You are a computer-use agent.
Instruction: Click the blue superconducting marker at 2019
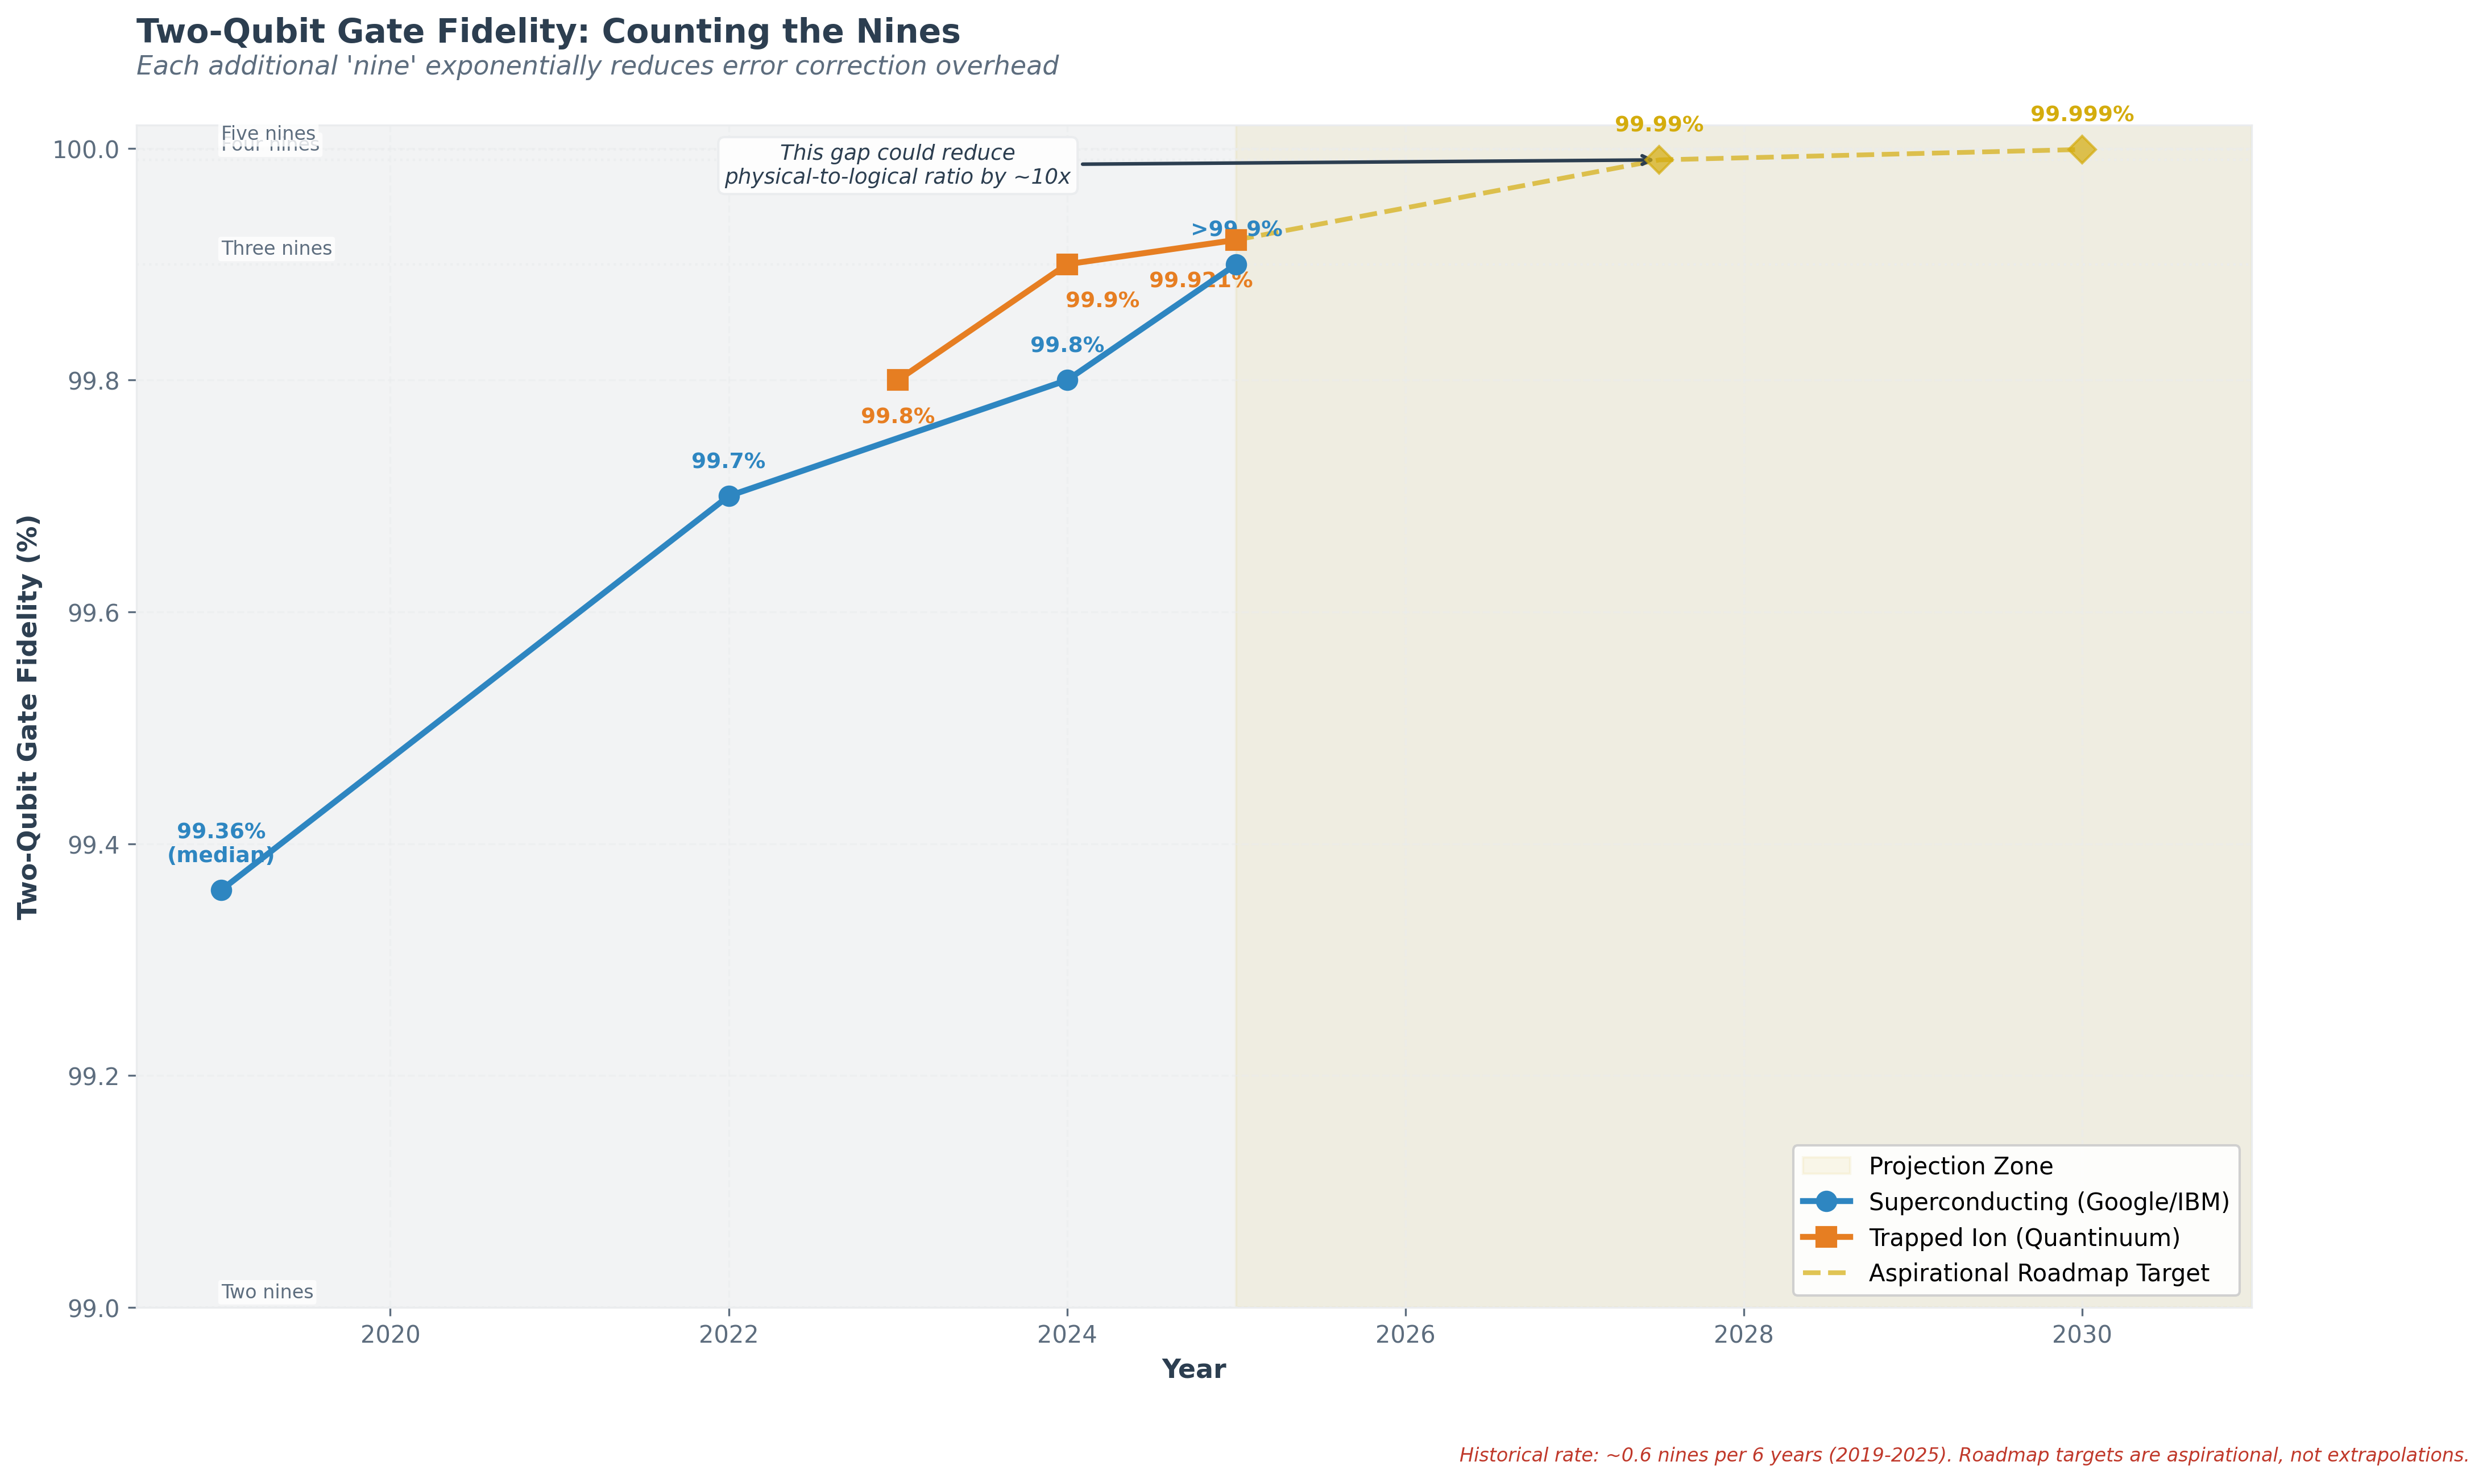click(222, 890)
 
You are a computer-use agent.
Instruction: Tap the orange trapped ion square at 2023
click(898, 380)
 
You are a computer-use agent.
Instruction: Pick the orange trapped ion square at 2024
click(1066, 264)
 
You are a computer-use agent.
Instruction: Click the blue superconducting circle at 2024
click(1066, 380)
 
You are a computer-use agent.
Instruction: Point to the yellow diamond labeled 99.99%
click(1659, 160)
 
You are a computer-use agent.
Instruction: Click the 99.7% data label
click(728, 461)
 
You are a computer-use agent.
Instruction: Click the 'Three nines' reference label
click(276, 249)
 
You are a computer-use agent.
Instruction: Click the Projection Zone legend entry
click(1960, 1165)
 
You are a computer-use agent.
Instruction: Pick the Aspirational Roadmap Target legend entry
click(2038, 1273)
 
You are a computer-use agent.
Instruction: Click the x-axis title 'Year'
click(1193, 1369)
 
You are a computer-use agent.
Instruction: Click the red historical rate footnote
click(1963, 1455)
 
